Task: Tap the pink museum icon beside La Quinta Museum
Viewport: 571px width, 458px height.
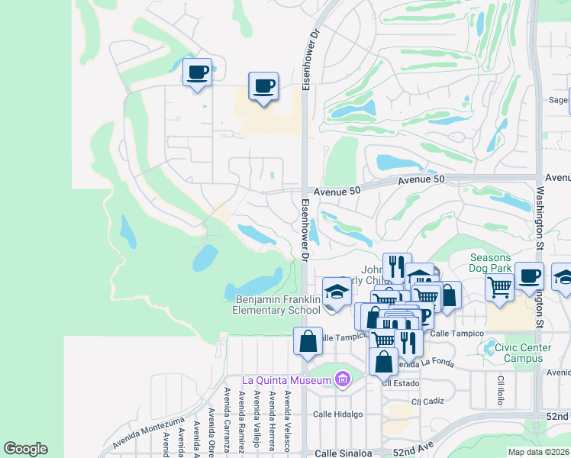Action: (343, 379)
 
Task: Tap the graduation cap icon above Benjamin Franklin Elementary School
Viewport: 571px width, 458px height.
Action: (337, 291)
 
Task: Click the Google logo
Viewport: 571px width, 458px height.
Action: (25, 449)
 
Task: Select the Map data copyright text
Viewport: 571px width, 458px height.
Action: (538, 452)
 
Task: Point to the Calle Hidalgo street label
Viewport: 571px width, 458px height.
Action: (337, 414)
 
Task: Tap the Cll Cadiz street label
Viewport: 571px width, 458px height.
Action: (427, 401)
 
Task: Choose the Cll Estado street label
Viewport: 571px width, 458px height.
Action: (397, 383)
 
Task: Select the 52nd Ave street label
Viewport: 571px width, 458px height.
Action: (413, 452)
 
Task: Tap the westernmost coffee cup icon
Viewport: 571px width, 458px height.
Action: (198, 73)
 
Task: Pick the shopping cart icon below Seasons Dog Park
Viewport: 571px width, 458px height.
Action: (499, 288)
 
